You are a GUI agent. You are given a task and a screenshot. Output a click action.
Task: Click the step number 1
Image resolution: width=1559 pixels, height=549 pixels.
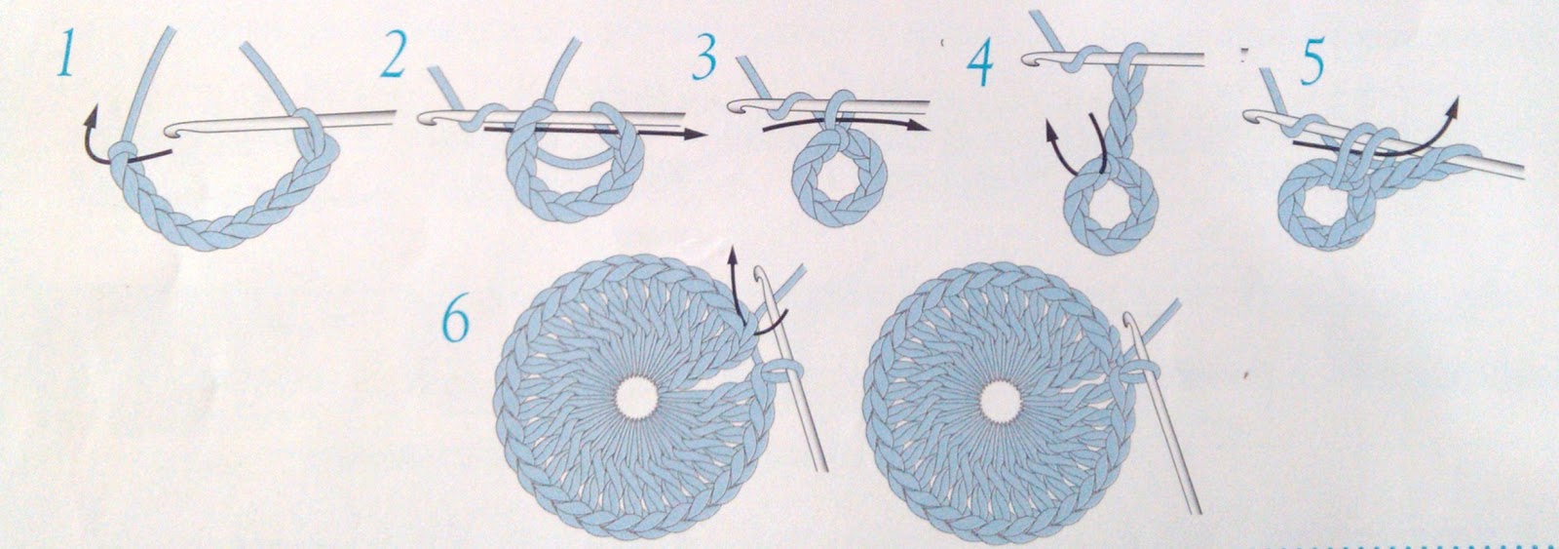(67, 52)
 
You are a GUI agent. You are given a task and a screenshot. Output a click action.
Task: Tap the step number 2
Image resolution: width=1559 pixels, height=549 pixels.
(394, 54)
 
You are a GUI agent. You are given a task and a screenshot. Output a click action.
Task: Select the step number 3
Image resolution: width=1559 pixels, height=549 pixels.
(704, 55)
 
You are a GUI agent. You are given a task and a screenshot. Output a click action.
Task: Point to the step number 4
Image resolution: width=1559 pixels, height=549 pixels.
(979, 62)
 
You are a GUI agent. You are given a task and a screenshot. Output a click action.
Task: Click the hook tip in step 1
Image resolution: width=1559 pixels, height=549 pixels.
(171, 131)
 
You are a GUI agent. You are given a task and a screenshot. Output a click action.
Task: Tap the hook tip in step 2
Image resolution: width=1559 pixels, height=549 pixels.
(424, 118)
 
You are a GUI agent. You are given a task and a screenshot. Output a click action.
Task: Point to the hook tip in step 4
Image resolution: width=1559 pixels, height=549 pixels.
(1028, 60)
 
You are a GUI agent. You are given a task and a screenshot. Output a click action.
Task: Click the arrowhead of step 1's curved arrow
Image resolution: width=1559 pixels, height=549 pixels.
(92, 113)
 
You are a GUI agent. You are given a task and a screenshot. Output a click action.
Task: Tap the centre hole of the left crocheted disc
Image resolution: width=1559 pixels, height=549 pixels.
(634, 399)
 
